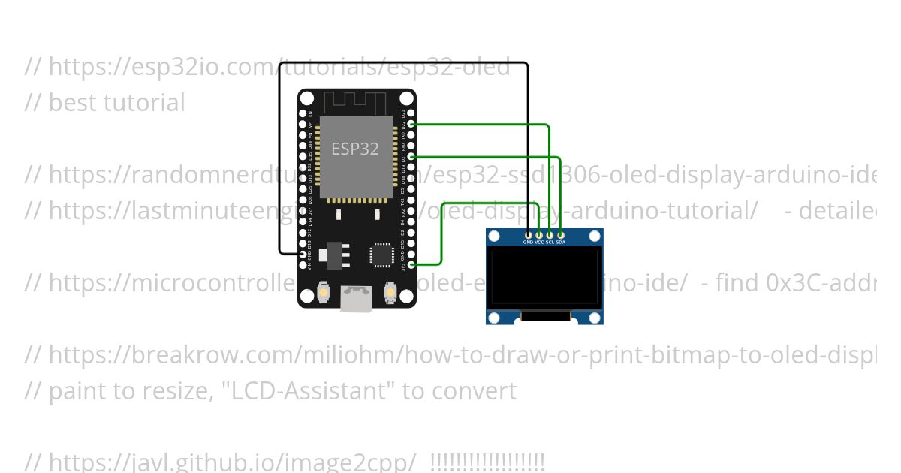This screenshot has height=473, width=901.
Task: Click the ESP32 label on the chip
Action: coord(355,149)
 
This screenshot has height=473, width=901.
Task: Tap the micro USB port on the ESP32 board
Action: coord(356,299)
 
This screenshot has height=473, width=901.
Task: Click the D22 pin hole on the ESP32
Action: coord(410,123)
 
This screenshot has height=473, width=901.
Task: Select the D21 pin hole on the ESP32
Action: coord(410,156)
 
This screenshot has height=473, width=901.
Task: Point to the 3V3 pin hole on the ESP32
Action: coord(410,264)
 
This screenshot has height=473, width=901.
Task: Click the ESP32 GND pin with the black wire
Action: coord(304,254)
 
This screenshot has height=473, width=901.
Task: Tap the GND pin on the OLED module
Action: coord(528,236)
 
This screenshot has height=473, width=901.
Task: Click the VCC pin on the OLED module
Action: coord(538,236)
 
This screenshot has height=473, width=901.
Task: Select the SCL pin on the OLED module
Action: coord(550,236)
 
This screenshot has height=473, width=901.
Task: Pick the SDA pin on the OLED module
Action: coord(560,236)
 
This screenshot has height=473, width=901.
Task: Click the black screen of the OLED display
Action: coord(544,277)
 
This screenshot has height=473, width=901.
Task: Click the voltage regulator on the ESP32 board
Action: coord(333,256)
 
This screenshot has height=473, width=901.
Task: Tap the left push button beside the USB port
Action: coord(324,291)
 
